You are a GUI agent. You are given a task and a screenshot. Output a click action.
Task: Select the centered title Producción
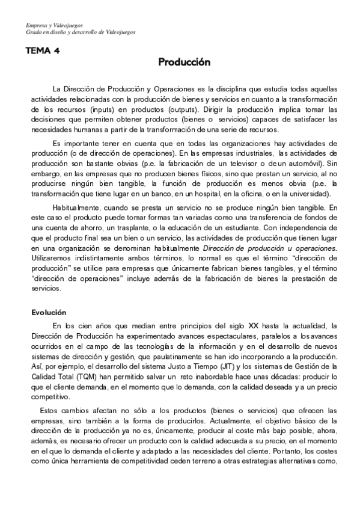tap(185, 62)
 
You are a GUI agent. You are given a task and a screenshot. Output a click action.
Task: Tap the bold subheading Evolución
tap(49, 312)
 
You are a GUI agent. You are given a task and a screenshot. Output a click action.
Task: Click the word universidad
tap(307, 194)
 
